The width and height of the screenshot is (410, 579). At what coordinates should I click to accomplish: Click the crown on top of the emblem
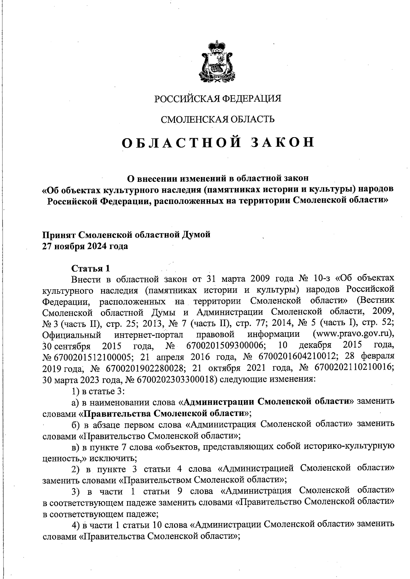(215, 46)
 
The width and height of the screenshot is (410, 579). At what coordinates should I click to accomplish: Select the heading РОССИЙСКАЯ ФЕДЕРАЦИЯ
(218, 99)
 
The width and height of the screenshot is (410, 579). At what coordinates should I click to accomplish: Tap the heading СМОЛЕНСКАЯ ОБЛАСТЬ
(218, 119)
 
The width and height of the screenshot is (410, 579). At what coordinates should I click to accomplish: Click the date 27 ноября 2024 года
(85, 246)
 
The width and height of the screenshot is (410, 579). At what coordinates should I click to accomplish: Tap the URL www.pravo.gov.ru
(354, 334)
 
